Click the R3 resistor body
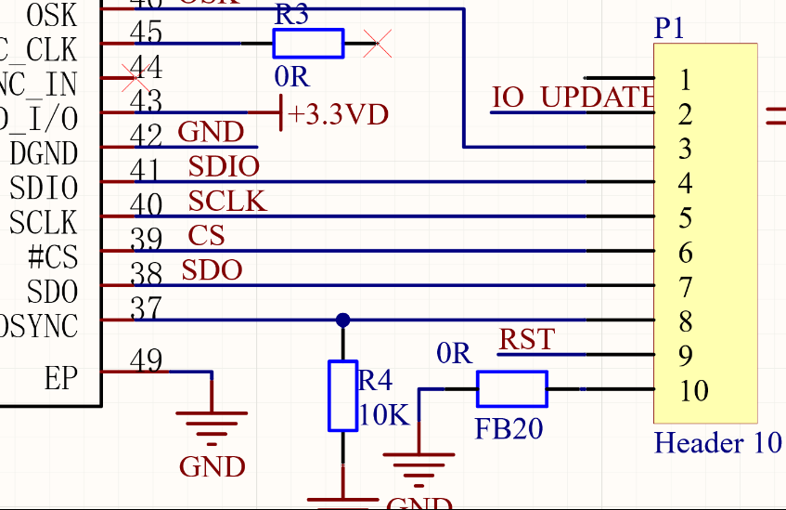307,44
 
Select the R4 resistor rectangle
343,396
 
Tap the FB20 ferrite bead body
511,389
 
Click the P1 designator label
669,29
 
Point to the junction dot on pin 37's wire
343,320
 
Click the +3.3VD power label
338,114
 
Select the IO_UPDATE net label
573,97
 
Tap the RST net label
526,339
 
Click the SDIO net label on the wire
224,166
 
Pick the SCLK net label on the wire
227,201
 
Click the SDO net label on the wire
212,270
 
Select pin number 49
146,360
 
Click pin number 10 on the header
693,391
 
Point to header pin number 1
685,80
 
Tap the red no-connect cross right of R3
377,44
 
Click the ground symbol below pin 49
213,423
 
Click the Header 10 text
717,442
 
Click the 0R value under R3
290,75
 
